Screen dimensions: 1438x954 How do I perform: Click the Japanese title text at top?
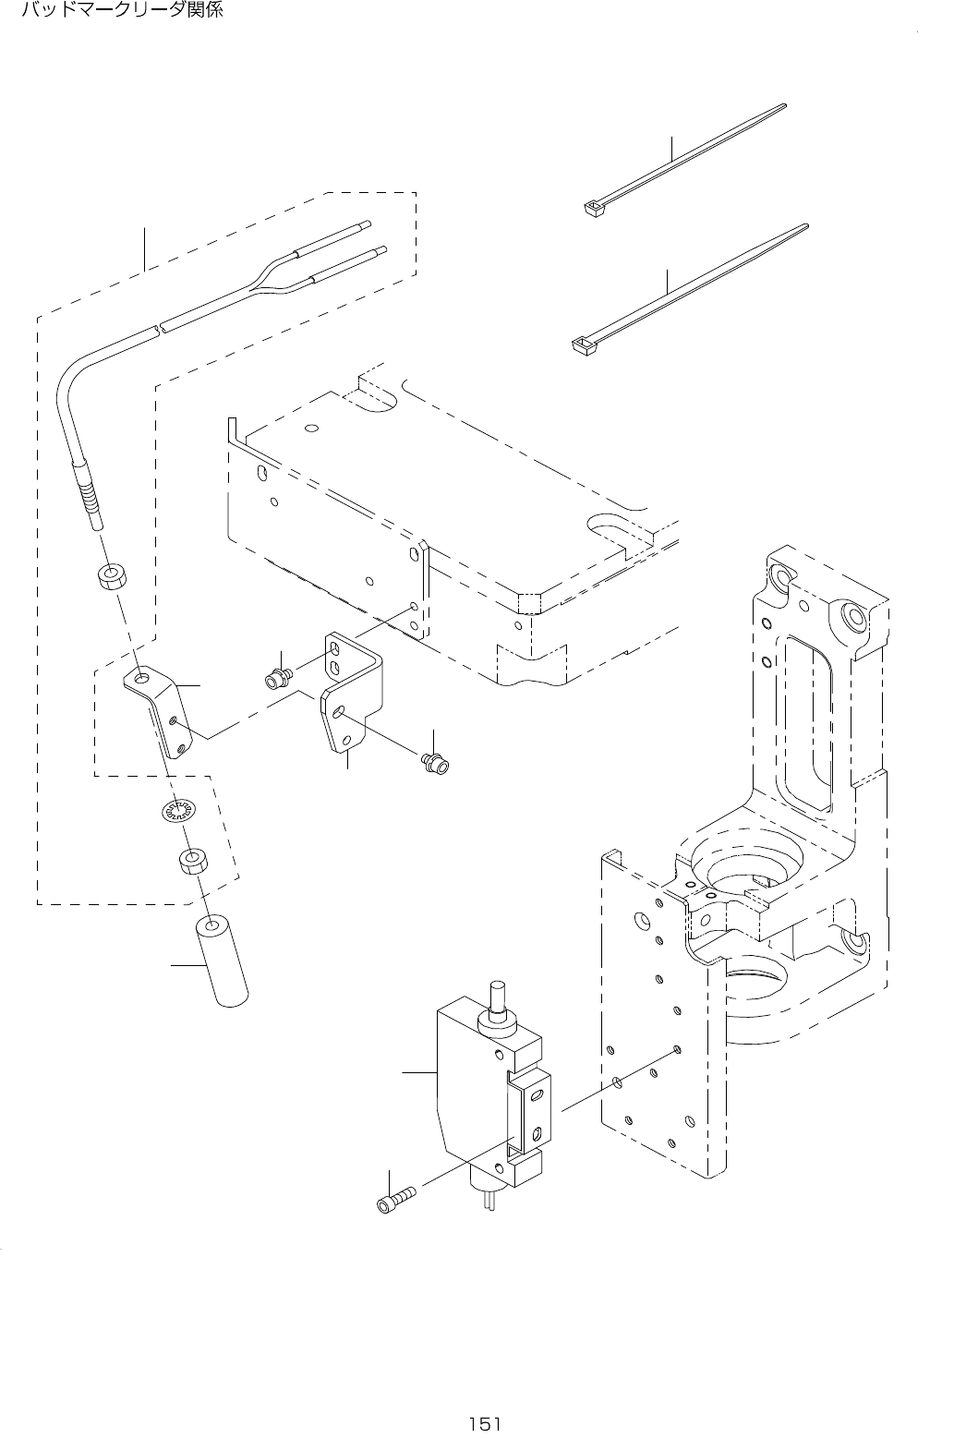tap(123, 12)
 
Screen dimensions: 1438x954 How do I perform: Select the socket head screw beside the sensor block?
tap(395, 1203)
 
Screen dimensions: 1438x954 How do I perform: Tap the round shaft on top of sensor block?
tap(499, 996)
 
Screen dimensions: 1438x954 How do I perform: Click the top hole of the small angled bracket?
tap(140, 680)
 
